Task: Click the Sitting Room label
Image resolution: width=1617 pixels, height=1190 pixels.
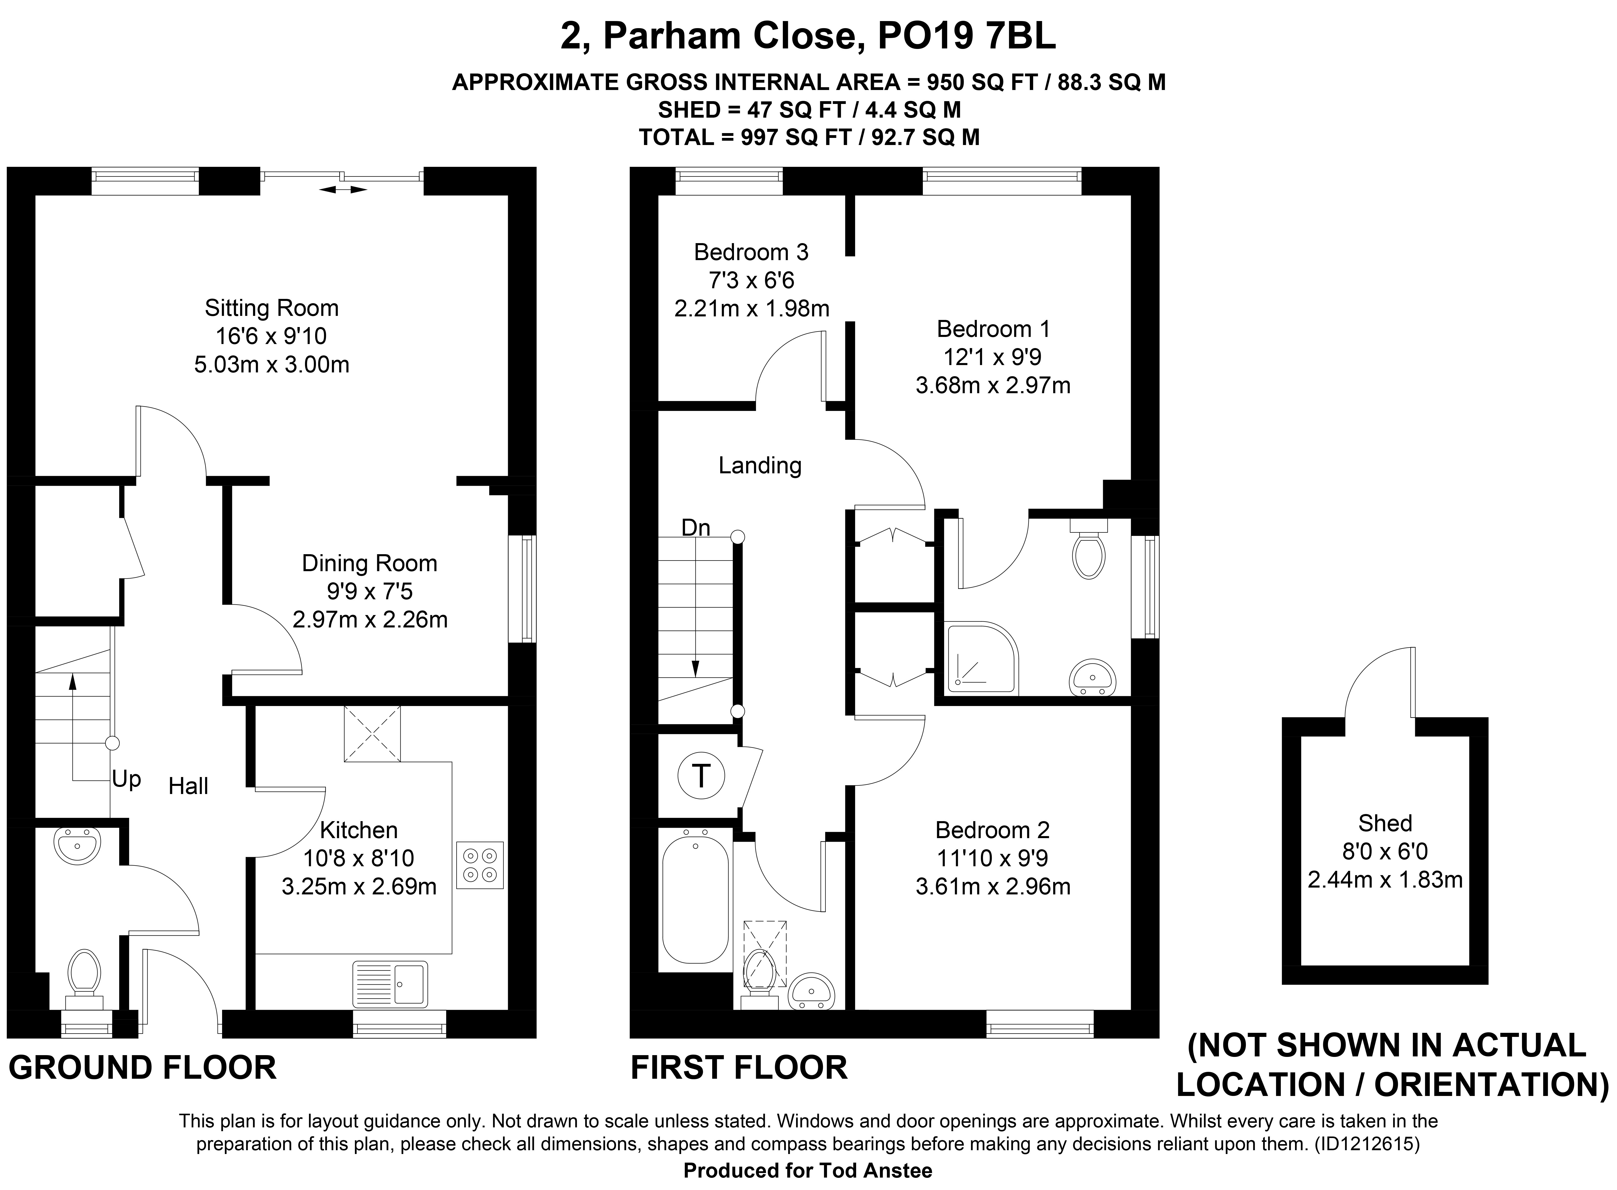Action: tap(272, 308)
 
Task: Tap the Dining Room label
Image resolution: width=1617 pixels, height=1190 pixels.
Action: tap(369, 563)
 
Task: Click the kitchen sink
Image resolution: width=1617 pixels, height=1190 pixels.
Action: tap(390, 984)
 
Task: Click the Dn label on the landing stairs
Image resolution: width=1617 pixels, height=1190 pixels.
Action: tap(696, 528)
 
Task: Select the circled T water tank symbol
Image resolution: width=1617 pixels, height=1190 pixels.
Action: tap(701, 777)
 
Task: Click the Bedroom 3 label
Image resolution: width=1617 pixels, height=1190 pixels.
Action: tap(751, 252)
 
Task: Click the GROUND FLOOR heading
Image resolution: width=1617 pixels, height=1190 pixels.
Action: tap(143, 1068)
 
